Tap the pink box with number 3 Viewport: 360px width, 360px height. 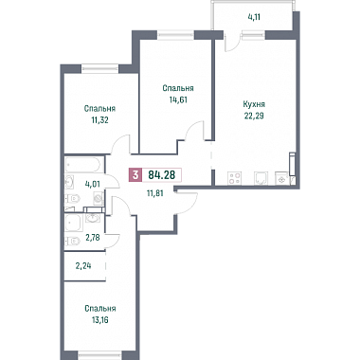pyautogui.click(x=135, y=174)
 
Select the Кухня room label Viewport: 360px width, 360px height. pyautogui.click(x=254, y=104)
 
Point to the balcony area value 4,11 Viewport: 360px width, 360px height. pyautogui.click(x=255, y=18)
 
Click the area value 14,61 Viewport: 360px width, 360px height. pyautogui.click(x=178, y=100)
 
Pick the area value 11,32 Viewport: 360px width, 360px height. pyautogui.click(x=99, y=120)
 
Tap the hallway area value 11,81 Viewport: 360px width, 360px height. pyautogui.click(x=154, y=193)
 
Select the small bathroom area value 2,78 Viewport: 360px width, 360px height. pyautogui.click(x=93, y=238)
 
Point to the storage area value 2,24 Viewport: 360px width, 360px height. pyautogui.click(x=83, y=266)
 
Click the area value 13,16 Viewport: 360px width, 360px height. pyautogui.click(x=100, y=320)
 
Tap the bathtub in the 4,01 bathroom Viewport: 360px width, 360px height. pyautogui.click(x=84, y=165)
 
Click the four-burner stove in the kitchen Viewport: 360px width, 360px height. pyautogui.click(x=235, y=178)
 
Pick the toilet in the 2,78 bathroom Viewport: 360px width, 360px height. pyautogui.click(x=73, y=242)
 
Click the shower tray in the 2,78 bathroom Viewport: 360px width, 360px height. pyautogui.click(x=74, y=223)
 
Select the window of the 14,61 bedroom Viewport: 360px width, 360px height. pyautogui.click(x=176, y=34)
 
